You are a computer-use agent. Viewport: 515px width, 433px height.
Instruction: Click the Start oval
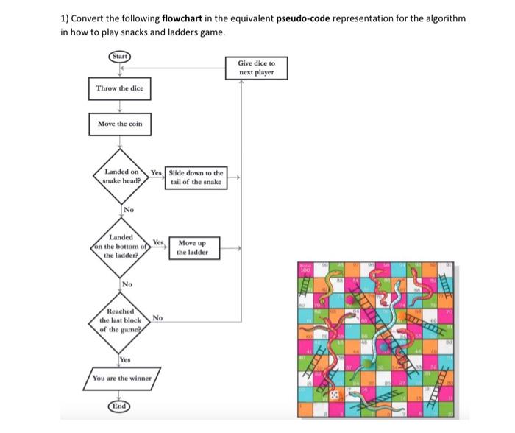[119, 57]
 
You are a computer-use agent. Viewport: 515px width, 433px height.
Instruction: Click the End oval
[119, 406]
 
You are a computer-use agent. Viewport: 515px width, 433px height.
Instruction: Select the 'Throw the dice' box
[120, 89]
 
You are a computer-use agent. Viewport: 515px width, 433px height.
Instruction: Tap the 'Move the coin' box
[120, 124]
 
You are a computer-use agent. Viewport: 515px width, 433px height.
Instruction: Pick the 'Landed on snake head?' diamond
[121, 177]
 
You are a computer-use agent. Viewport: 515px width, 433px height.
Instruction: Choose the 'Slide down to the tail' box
[196, 177]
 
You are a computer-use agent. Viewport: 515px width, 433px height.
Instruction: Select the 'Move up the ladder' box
[193, 247]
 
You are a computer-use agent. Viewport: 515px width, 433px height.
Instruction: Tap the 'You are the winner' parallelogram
[121, 379]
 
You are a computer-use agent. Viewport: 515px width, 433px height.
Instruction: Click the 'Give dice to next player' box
[256, 68]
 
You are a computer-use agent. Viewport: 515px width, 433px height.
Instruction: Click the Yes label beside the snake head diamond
[155, 173]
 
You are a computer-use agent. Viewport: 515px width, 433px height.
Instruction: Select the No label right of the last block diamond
[157, 318]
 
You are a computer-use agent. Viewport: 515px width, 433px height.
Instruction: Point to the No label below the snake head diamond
[128, 211]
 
